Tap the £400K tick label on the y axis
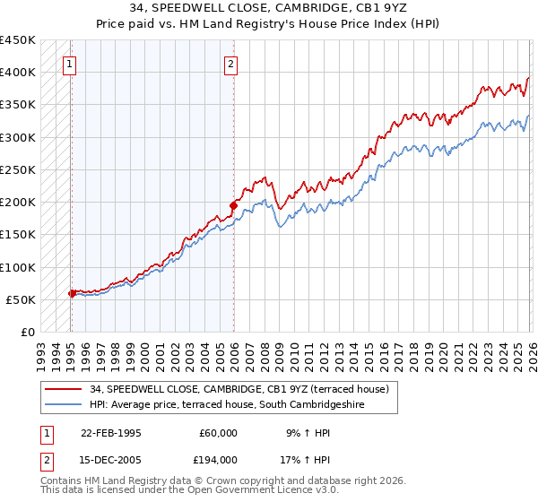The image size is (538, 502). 17,73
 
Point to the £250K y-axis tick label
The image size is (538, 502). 17,169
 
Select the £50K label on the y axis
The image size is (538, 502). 21,299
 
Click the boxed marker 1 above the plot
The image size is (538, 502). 69,64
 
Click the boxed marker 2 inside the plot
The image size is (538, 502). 231,64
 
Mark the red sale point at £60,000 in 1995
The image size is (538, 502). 72,293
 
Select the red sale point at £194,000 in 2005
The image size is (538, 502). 233,205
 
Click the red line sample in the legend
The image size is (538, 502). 63,389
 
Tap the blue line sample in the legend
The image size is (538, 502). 63,404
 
